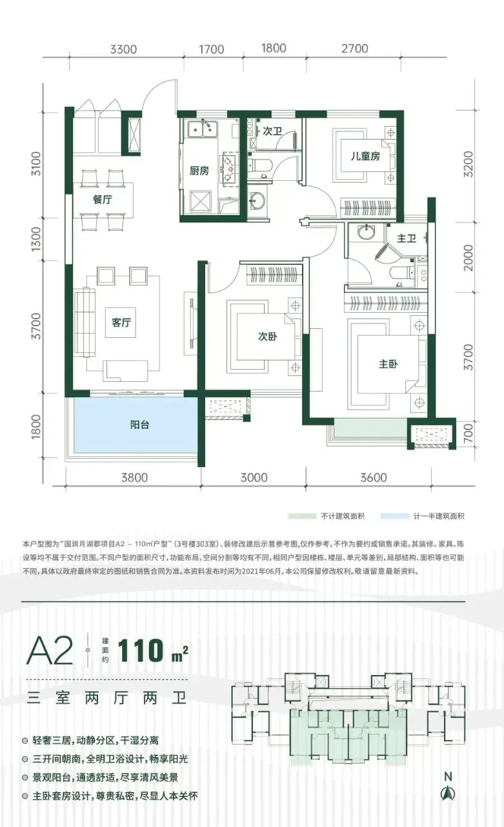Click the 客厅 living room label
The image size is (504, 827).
(x=121, y=322)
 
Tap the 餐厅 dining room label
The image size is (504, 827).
(x=102, y=200)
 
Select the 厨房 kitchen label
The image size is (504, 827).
(x=199, y=171)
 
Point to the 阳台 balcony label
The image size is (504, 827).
(x=139, y=424)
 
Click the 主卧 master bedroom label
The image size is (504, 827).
(x=388, y=364)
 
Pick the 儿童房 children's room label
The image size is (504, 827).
(x=365, y=156)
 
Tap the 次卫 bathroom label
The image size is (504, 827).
(x=272, y=131)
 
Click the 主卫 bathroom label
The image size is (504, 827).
(x=407, y=238)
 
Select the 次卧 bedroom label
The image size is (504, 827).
(x=267, y=337)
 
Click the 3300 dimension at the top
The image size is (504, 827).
(x=123, y=49)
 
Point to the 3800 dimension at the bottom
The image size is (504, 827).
(x=135, y=477)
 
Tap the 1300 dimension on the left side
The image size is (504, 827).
(x=35, y=239)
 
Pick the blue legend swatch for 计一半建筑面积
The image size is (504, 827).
(x=394, y=516)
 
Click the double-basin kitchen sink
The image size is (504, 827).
(x=203, y=128)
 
